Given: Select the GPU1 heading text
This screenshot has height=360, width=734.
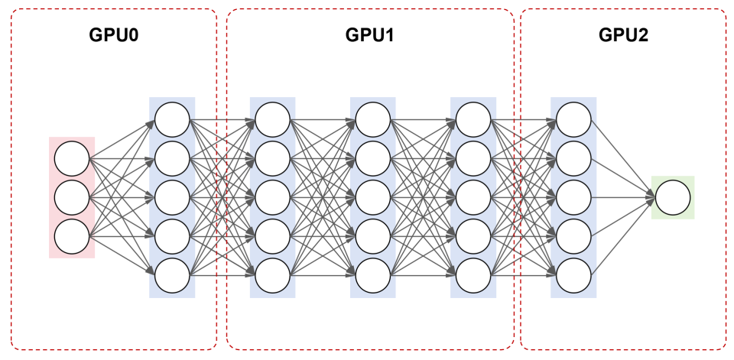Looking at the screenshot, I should point(370,36).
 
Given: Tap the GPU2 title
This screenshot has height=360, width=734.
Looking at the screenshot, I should point(623,36).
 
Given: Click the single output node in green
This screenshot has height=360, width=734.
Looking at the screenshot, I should point(673,198).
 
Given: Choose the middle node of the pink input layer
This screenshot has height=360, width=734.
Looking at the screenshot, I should point(72,198).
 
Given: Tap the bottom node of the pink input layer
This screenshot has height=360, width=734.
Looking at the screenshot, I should point(72,237).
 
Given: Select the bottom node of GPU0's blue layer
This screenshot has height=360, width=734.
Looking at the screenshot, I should point(172,276).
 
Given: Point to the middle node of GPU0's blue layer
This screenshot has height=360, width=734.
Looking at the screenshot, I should point(172,198).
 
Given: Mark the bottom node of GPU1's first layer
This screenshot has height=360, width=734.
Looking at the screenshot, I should point(272,276).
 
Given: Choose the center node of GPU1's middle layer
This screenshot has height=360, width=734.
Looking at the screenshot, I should point(373,198).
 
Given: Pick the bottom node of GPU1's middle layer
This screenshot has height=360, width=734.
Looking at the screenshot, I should point(373,276).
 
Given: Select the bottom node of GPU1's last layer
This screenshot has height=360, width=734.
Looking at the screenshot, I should point(473,276).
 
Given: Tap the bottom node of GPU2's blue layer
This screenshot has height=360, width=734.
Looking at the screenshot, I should point(573,276).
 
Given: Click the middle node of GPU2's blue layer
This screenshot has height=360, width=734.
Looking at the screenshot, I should point(573,198).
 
